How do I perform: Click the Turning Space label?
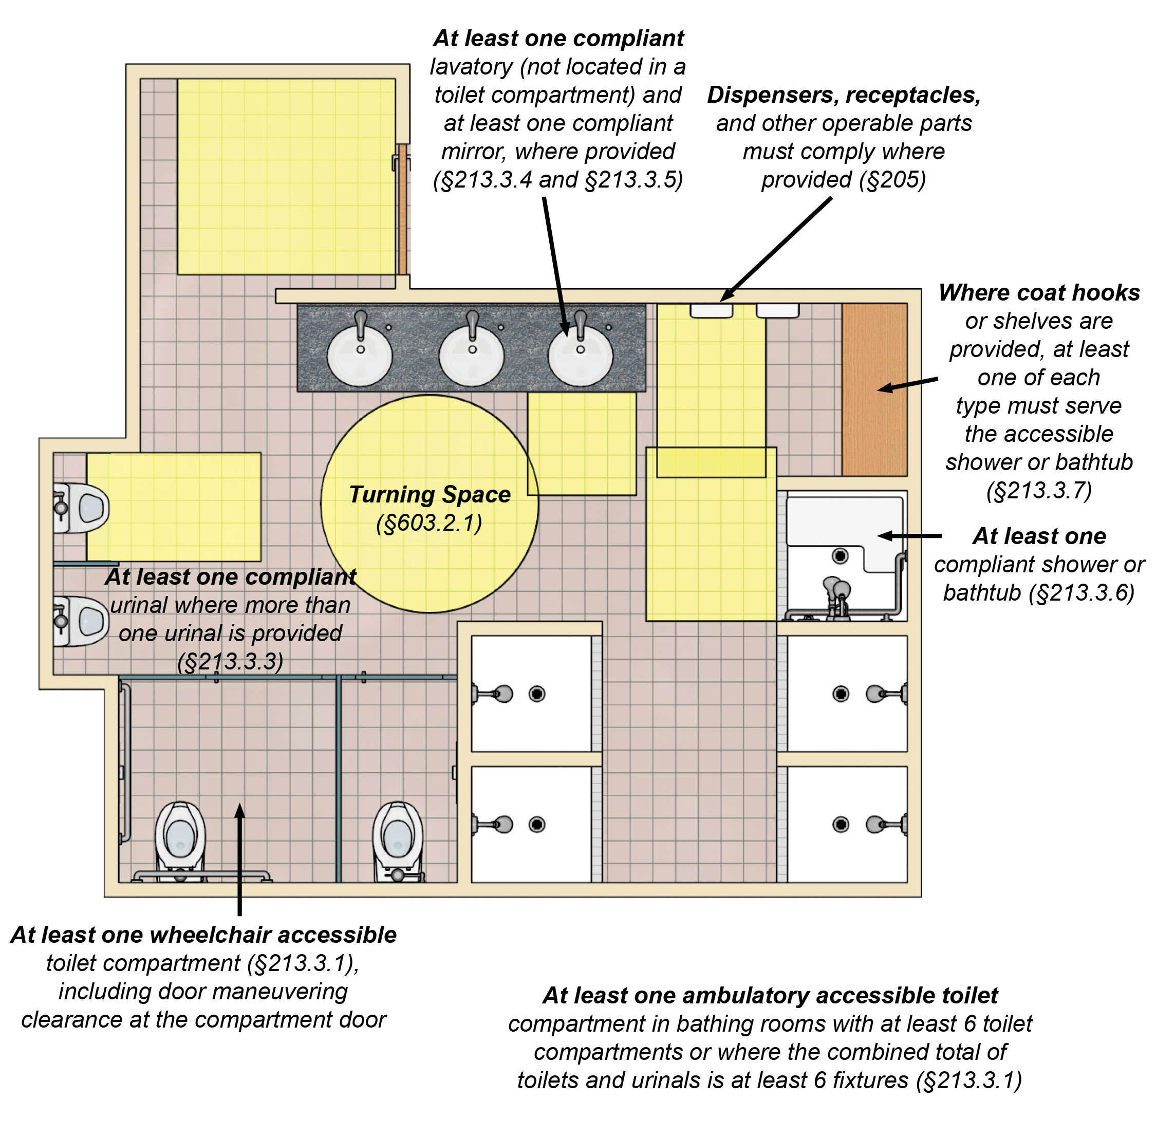click(430, 494)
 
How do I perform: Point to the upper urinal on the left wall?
click(81, 508)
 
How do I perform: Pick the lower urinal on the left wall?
click(81, 621)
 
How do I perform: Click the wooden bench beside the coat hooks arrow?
click(874, 389)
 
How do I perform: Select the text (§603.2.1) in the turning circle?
click(430, 523)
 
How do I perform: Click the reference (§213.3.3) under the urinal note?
click(231, 662)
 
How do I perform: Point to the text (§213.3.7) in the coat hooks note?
click(1039, 490)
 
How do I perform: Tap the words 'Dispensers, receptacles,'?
click(844, 95)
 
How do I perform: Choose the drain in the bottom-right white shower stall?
click(841, 825)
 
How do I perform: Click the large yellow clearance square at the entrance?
click(286, 177)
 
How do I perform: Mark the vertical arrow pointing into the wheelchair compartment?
click(239, 860)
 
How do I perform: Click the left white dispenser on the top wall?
click(711, 310)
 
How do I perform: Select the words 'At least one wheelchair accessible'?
click(203, 935)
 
